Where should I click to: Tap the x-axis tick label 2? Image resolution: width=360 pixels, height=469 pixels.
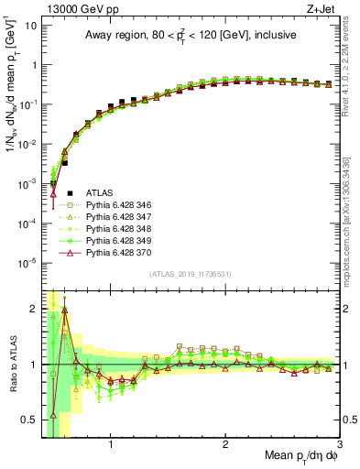[225, 445]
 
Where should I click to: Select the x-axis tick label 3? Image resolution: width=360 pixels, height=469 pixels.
[339, 445]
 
